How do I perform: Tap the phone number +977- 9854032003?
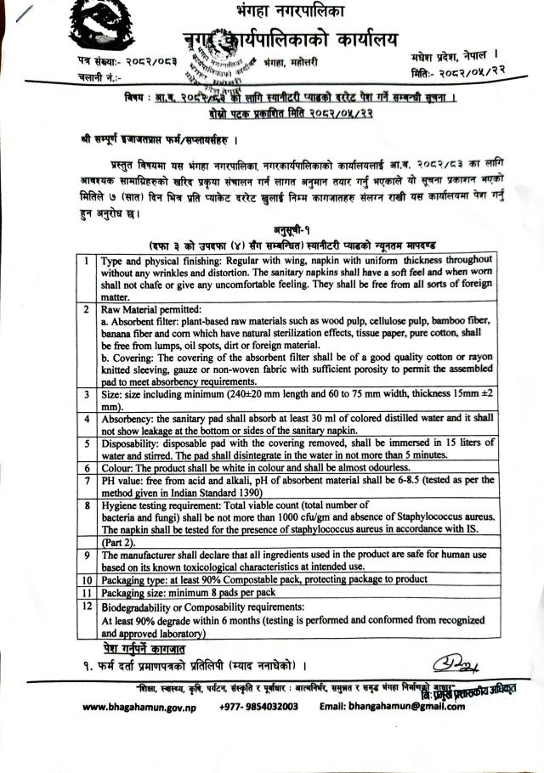click(x=258, y=707)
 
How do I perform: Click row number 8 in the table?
click(x=87, y=504)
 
